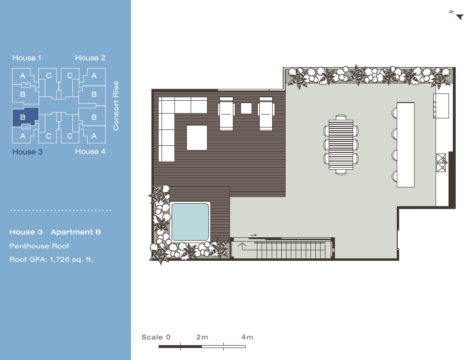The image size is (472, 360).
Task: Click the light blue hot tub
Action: [x=190, y=222]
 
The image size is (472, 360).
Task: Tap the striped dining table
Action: [x=341, y=145]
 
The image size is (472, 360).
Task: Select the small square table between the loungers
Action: [x=246, y=108]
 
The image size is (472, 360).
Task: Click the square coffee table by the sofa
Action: [x=197, y=138]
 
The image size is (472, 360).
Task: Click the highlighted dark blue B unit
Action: [x=25, y=117]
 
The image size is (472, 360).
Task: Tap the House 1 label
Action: [x=27, y=58]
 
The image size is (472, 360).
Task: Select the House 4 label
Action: [x=90, y=151]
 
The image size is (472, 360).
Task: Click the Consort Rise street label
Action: [x=116, y=105]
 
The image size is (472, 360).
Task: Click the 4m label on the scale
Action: [x=247, y=337]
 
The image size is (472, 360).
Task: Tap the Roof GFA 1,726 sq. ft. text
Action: [x=51, y=259]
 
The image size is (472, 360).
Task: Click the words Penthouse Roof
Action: [x=39, y=246]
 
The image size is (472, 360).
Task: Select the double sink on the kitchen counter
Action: [x=441, y=163]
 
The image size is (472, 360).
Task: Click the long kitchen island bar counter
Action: [x=405, y=145]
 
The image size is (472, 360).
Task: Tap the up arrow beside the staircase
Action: [x=242, y=246]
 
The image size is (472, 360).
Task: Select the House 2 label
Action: [x=90, y=58]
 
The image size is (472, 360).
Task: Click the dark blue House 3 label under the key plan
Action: [x=27, y=151]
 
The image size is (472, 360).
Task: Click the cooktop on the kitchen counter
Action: [x=441, y=106]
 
